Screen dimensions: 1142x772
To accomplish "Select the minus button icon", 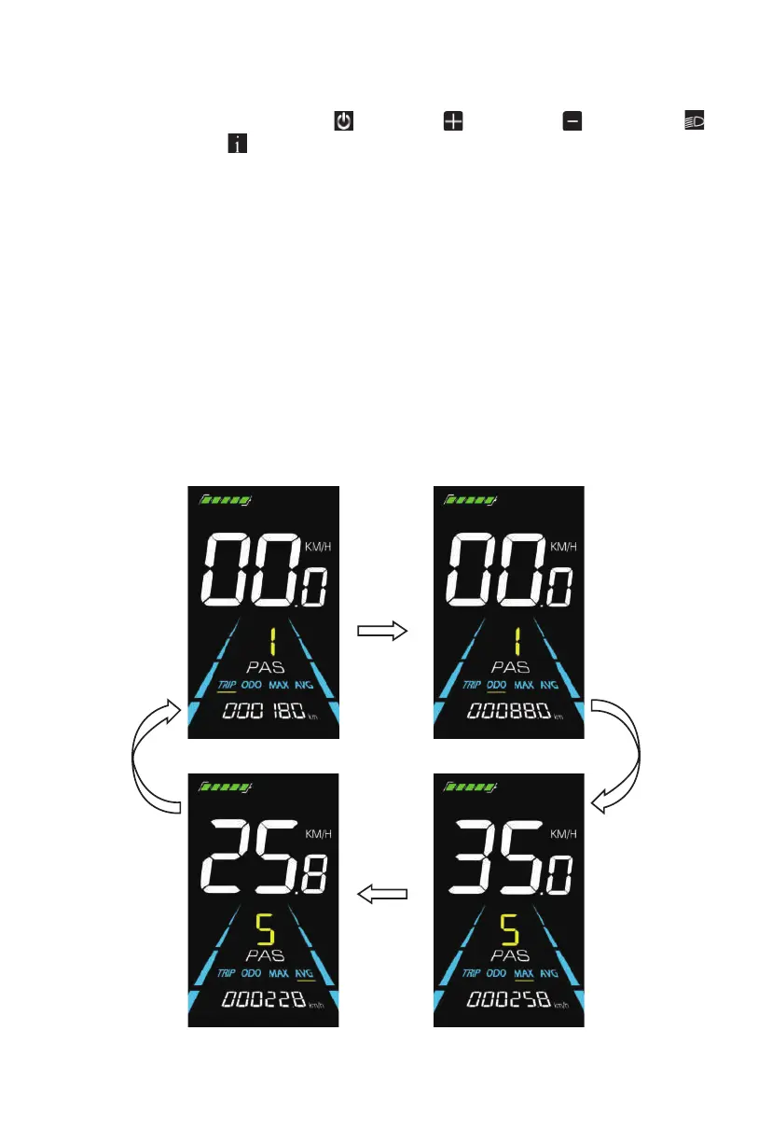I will pyautogui.click(x=572, y=121).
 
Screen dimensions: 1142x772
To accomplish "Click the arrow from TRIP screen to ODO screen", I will pyautogui.click(x=383, y=632).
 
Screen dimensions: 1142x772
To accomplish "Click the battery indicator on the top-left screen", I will pyautogui.click(x=225, y=500).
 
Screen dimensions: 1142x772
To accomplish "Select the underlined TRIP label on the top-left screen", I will pyautogui.click(x=227, y=686).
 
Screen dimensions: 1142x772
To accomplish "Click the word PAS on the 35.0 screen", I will pyautogui.click(x=509, y=954).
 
